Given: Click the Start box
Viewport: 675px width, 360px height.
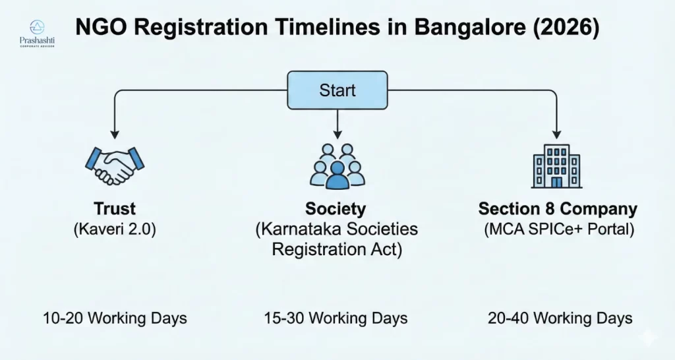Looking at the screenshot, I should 337,90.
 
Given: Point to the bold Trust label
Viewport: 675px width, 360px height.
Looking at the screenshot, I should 114,209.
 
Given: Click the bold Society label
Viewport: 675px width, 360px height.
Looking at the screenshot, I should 336,209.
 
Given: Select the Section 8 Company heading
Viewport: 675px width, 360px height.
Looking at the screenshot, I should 558,209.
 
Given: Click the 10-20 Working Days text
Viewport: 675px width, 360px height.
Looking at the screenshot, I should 115,318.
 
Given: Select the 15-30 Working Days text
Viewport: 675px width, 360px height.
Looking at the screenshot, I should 336,318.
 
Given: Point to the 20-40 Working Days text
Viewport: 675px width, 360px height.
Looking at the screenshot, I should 560,318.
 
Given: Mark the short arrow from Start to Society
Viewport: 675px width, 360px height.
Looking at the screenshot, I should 337,122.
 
